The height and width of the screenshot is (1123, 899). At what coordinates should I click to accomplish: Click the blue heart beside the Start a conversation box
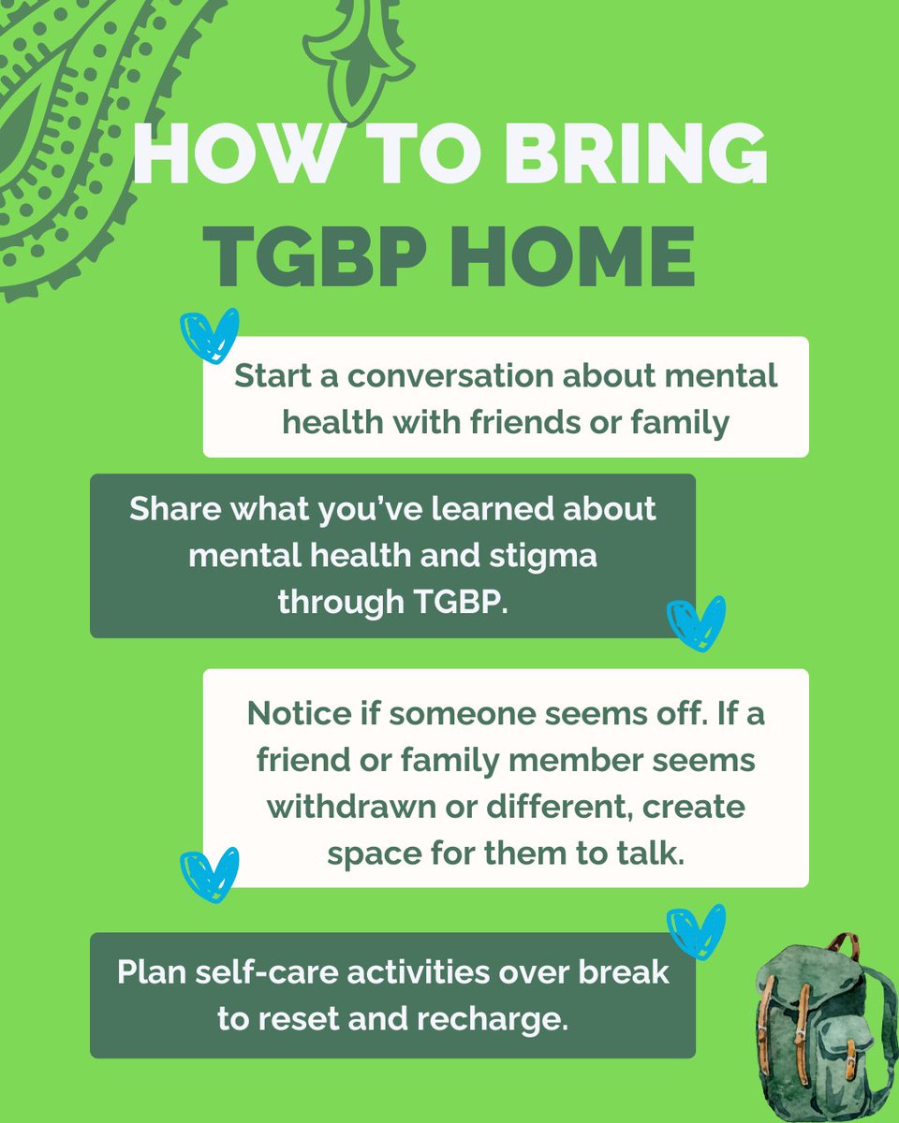tap(210, 338)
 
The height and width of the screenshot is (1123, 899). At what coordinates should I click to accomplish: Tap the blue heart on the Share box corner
tap(696, 624)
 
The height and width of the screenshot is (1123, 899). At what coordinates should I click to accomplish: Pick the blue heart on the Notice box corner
tap(210, 876)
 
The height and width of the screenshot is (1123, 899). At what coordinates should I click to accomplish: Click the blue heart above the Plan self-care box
tap(696, 930)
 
